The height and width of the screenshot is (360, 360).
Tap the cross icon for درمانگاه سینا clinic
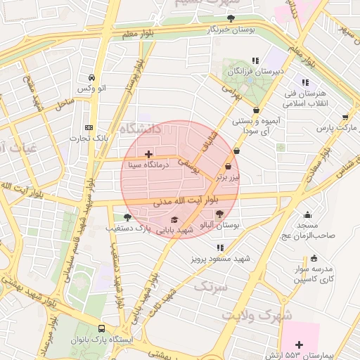coord(148,154)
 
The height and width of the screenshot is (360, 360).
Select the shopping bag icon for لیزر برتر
coord(228,167)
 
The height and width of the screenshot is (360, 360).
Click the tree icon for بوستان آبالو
coord(219,213)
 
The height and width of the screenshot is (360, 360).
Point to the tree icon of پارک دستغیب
coord(127,217)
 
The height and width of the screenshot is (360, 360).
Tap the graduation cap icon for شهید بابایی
coord(174,219)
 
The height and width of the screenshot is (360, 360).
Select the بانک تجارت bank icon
coord(89,127)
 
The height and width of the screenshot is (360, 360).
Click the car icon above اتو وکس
coord(91,77)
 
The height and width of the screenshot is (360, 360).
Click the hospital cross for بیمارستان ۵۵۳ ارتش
coord(300,344)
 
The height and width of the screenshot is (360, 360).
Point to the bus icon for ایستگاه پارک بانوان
coord(102,328)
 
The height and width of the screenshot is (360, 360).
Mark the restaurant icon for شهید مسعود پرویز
coord(221,248)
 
